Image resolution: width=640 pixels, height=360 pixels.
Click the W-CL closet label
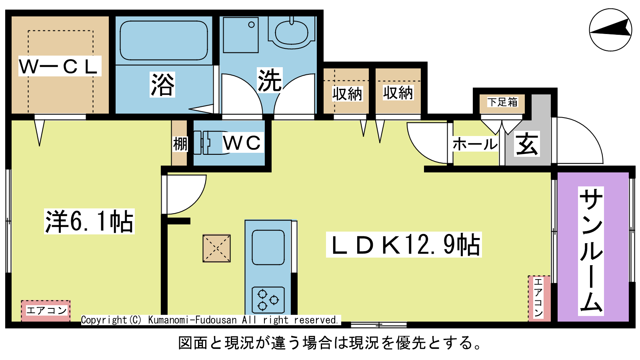(60, 66)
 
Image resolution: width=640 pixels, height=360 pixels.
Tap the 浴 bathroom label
(162, 84)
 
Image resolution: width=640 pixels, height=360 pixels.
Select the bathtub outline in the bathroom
(164, 40)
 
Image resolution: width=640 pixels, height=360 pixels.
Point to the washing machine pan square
(240, 35)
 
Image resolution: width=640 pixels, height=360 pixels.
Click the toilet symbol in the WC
(212, 142)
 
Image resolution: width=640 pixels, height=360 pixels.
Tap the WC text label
(242, 142)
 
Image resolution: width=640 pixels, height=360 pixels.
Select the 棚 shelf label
(180, 144)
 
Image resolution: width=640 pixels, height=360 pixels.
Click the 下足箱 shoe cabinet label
(502, 102)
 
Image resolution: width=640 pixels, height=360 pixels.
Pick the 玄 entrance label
(527, 144)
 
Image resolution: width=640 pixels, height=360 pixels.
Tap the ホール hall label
(475, 144)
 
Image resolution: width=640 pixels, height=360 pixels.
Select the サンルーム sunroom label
(591, 251)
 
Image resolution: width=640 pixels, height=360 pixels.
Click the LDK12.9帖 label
(404, 244)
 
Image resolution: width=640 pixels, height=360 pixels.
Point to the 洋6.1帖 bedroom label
(89, 222)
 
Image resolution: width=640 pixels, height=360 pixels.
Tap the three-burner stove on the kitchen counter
(268, 300)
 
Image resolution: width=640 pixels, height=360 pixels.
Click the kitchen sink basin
(268, 248)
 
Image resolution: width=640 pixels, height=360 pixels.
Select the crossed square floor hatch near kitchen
(216, 248)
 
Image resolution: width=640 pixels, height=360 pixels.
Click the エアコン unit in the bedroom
(46, 310)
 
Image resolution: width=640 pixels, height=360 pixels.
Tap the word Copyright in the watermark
(104, 320)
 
